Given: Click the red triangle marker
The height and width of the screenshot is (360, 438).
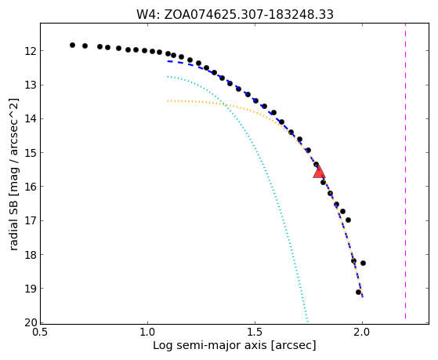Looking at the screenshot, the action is (x=319, y=172).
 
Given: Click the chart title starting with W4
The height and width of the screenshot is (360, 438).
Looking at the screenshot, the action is (x=234, y=14).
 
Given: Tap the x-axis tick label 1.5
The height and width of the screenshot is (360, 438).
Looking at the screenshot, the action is (x=255, y=333).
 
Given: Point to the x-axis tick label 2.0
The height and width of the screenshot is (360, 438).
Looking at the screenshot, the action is (x=362, y=333).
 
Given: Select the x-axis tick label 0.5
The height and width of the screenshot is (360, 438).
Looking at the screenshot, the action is (x=41, y=333).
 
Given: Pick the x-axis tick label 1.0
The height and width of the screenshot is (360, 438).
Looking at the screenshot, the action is (x=147, y=333).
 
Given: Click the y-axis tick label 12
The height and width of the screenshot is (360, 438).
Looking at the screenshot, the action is (x=31, y=51).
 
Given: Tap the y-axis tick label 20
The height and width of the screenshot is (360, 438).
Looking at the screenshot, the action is (x=31, y=323).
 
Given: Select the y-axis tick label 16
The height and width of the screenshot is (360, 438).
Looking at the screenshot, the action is (x=31, y=187).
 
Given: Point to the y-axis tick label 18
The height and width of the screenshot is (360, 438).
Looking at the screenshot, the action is (x=31, y=255).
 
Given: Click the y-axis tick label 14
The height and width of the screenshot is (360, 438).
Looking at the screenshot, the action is (x=31, y=119).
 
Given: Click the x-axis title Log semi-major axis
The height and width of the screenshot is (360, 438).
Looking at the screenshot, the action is (x=234, y=346).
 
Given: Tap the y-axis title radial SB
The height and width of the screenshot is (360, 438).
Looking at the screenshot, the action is (x=14, y=175).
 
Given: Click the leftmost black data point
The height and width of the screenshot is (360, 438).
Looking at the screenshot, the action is (x=72, y=45).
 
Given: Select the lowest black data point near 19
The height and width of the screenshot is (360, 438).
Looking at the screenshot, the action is (x=358, y=292).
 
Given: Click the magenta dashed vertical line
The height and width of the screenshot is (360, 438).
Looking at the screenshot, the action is (x=405, y=173).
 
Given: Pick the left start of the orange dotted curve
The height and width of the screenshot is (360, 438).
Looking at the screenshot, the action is (x=168, y=100).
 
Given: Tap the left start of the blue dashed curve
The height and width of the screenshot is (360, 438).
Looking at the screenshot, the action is (x=168, y=61).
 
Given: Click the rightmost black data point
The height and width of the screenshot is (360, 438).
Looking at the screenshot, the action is (x=363, y=263).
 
